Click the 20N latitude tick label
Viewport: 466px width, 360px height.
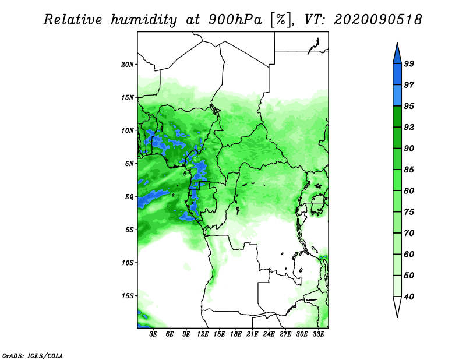click(128, 64)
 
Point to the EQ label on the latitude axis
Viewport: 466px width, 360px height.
click(129, 197)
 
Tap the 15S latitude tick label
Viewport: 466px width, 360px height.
click(128, 296)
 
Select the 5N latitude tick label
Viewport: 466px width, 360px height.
click(129, 164)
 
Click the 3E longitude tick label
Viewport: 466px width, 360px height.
click(153, 334)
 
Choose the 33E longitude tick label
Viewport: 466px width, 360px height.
click(318, 334)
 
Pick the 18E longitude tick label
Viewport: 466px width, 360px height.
click(236, 334)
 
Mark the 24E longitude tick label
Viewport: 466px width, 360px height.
click(269, 334)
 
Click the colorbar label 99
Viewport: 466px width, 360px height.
click(409, 63)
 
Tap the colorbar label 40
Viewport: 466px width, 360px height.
click(409, 297)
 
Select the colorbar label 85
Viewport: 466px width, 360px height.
click(409, 170)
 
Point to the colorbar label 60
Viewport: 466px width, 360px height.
click(409, 254)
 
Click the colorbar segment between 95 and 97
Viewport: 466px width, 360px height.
click(397, 96)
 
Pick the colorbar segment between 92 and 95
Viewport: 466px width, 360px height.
click(397, 117)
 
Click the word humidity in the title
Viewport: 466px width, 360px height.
click(144, 20)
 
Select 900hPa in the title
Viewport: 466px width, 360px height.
click(235, 20)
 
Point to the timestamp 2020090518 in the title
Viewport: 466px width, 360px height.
click(377, 20)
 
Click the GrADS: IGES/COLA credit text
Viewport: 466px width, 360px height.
click(33, 355)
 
